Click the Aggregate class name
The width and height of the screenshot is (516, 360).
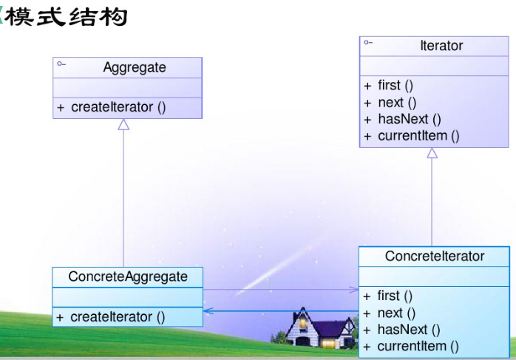click(x=134, y=68)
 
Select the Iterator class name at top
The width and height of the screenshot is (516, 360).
click(x=441, y=46)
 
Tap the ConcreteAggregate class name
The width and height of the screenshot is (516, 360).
click(x=127, y=277)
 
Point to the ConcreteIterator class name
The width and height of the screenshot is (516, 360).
click(x=435, y=257)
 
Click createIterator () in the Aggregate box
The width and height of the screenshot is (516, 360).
click(x=118, y=107)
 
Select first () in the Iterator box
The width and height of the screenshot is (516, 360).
click(x=393, y=86)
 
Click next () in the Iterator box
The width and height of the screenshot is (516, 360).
click(x=393, y=103)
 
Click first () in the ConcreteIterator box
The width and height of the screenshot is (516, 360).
click(x=393, y=296)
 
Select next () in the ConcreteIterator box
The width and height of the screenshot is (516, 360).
click(x=393, y=313)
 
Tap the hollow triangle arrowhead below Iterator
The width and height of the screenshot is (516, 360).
click(x=432, y=153)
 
